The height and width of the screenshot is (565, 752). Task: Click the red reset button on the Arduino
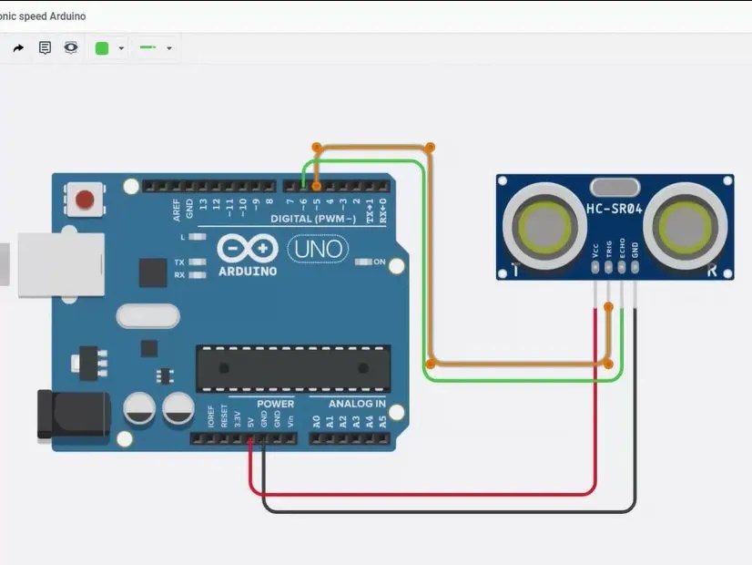click(86, 199)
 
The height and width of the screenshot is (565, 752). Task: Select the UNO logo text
click(318, 248)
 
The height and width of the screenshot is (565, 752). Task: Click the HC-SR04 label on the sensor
click(615, 209)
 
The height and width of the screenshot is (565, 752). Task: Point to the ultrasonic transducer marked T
click(539, 224)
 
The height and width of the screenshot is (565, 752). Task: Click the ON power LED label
click(380, 262)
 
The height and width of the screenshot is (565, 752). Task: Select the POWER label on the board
click(275, 404)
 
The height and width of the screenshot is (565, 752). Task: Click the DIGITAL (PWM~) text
click(313, 220)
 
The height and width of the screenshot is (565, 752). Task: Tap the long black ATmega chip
click(293, 368)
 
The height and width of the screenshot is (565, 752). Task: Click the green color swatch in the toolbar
click(102, 48)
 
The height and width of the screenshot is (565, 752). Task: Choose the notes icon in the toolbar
click(45, 48)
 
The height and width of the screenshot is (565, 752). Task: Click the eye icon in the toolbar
click(71, 48)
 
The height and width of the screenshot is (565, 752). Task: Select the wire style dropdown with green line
click(155, 48)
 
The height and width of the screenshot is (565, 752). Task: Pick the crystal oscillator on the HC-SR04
click(615, 187)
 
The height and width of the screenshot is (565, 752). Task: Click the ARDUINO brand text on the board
click(248, 270)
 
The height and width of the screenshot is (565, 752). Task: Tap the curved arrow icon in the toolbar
click(18, 48)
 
